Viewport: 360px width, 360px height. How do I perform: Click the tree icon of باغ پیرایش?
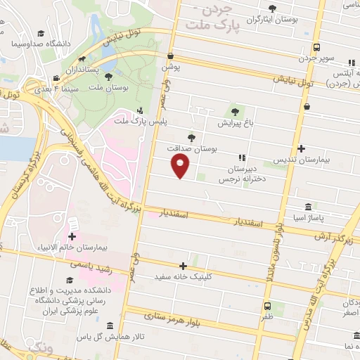(x=236, y=111)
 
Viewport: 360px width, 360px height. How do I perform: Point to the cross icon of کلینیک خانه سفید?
(x=184, y=266)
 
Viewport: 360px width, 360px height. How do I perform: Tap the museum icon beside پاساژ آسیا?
(x=309, y=207)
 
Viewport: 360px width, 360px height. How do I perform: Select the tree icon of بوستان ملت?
(x=109, y=77)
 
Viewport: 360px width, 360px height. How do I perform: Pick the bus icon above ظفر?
(x=267, y=306)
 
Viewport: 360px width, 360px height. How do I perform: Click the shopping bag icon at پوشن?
(x=170, y=56)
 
